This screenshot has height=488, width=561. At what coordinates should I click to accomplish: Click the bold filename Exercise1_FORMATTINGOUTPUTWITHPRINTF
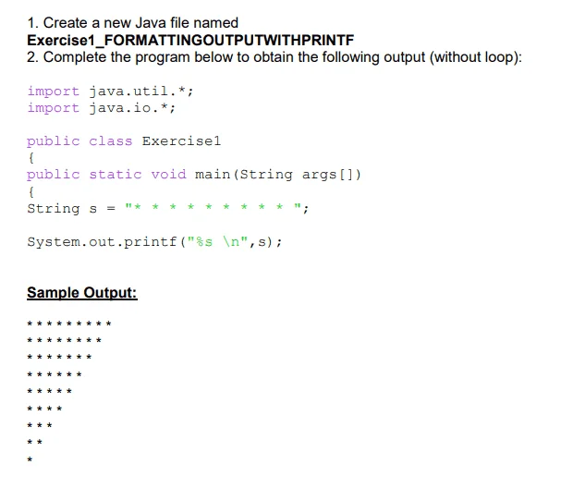coord(190,40)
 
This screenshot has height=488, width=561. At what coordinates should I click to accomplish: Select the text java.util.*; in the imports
coord(141,91)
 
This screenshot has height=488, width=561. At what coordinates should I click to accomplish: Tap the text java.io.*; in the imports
coord(132,108)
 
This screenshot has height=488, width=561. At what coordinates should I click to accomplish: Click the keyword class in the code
coord(111,141)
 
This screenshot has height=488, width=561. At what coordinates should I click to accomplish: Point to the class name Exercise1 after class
coord(181,141)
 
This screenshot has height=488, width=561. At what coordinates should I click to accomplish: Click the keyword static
coord(116,175)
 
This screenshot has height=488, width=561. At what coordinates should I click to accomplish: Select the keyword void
coord(168,175)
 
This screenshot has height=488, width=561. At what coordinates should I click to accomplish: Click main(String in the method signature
coord(244,175)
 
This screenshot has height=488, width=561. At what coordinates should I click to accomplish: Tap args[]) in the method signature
coord(332,175)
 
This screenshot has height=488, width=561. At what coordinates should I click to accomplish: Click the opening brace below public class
coord(31,157)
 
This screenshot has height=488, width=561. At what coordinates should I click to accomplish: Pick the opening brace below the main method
coord(31,191)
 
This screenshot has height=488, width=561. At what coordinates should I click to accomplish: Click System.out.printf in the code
coord(102,242)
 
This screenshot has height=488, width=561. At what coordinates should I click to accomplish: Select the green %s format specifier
coord(204,242)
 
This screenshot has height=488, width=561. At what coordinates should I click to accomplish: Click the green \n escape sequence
coord(231,242)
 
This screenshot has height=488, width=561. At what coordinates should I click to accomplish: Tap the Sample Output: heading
coord(82,293)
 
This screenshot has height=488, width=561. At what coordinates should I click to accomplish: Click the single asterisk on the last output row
coord(30,459)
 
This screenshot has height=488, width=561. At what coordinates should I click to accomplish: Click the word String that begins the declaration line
coord(54,208)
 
